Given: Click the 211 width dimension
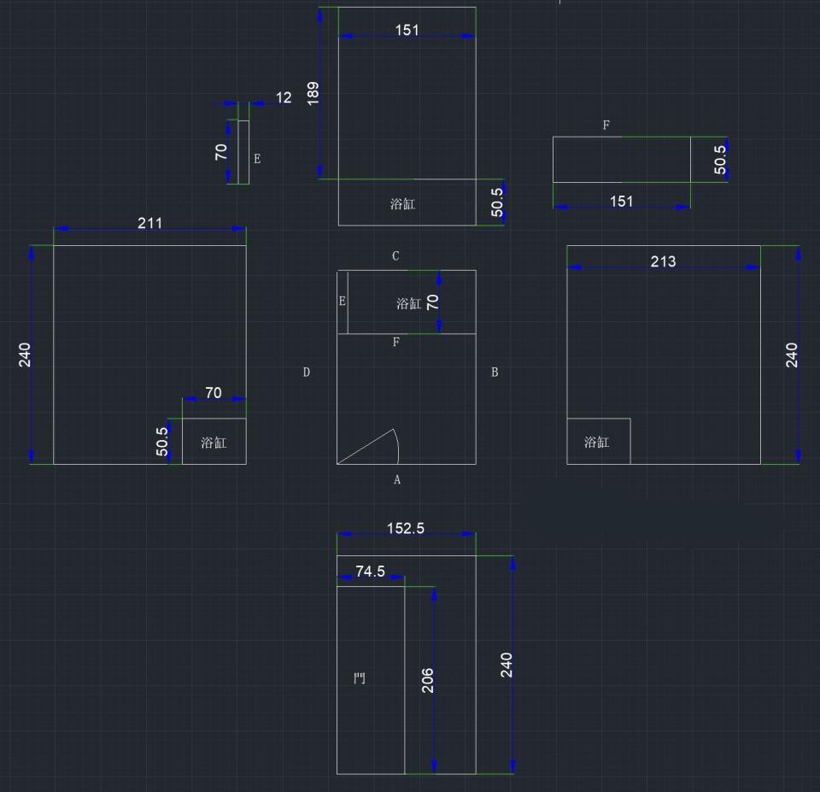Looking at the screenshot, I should click(149, 223).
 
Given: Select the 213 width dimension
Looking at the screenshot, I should click(663, 261).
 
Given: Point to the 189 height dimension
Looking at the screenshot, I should click(313, 93).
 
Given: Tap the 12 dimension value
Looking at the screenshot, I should click(284, 98).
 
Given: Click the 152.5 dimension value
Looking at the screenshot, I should click(406, 528).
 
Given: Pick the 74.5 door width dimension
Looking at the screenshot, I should click(370, 572).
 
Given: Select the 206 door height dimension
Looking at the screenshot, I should click(428, 680).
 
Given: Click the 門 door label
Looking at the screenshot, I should click(360, 679).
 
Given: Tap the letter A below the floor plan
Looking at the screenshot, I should click(397, 480).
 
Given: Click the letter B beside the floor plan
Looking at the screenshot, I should click(495, 373).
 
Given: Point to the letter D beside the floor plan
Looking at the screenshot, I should click(306, 373).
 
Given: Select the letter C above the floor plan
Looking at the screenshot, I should click(395, 256).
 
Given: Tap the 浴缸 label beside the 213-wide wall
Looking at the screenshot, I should click(597, 443).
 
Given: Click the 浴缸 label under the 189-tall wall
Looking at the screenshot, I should click(402, 204).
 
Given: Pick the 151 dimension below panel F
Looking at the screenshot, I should click(622, 202).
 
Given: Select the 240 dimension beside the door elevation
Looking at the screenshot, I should click(507, 665).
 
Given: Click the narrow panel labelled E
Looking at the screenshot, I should click(243, 152).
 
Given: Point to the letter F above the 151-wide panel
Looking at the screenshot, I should click(606, 126).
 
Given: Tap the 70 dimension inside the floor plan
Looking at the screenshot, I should click(432, 302).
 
